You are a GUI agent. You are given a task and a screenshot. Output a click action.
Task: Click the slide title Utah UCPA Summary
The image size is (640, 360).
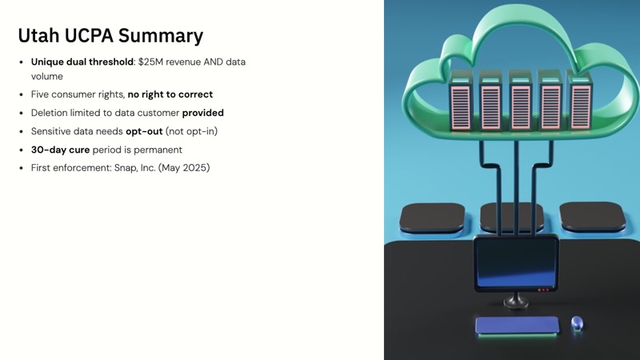tap(110, 35)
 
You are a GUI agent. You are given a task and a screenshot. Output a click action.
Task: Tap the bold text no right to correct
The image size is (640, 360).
tap(170, 94)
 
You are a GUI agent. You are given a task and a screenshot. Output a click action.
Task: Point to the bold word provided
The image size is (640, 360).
tap(202, 113)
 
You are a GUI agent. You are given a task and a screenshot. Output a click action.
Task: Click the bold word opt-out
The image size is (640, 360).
tap(144, 131)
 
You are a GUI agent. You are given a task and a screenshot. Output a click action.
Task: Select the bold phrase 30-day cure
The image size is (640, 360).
tap(60, 150)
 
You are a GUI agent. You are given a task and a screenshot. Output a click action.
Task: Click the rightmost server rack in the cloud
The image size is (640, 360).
tap(578, 103)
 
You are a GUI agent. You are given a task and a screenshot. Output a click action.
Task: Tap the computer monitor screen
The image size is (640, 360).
tap(516, 264)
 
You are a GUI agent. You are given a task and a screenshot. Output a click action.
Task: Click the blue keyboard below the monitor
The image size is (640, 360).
tap(517, 325)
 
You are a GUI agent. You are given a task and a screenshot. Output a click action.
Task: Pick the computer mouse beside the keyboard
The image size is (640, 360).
tap(577, 323)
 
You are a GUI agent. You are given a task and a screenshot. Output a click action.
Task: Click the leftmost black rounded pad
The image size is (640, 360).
tap(432, 217)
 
